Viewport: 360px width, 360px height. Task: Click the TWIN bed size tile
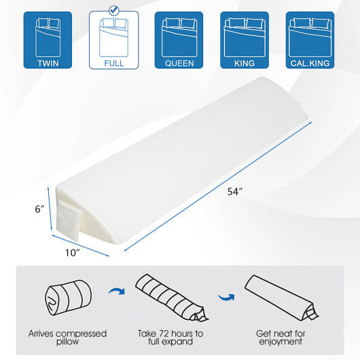click(x=48, y=40)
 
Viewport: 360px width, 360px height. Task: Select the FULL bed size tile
click(x=114, y=40)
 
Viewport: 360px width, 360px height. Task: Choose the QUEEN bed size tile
click(x=179, y=40)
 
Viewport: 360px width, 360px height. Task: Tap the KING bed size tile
click(x=245, y=40)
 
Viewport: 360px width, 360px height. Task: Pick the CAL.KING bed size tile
click(x=310, y=40)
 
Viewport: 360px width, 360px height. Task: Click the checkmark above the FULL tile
click(x=114, y=10)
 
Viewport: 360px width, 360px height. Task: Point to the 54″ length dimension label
click(x=235, y=192)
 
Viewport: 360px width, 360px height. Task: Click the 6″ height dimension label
click(x=39, y=209)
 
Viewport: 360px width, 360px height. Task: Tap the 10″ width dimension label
click(x=72, y=253)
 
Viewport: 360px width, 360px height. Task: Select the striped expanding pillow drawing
click(x=171, y=298)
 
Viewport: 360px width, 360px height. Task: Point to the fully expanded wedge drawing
click(x=281, y=298)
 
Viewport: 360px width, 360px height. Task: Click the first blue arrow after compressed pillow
click(x=117, y=291)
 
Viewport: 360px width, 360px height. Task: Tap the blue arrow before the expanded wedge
click(x=227, y=297)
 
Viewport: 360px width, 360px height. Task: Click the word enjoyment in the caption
click(x=281, y=342)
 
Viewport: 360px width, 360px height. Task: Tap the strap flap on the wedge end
click(x=69, y=220)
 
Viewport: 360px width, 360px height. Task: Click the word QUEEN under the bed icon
click(x=179, y=63)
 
